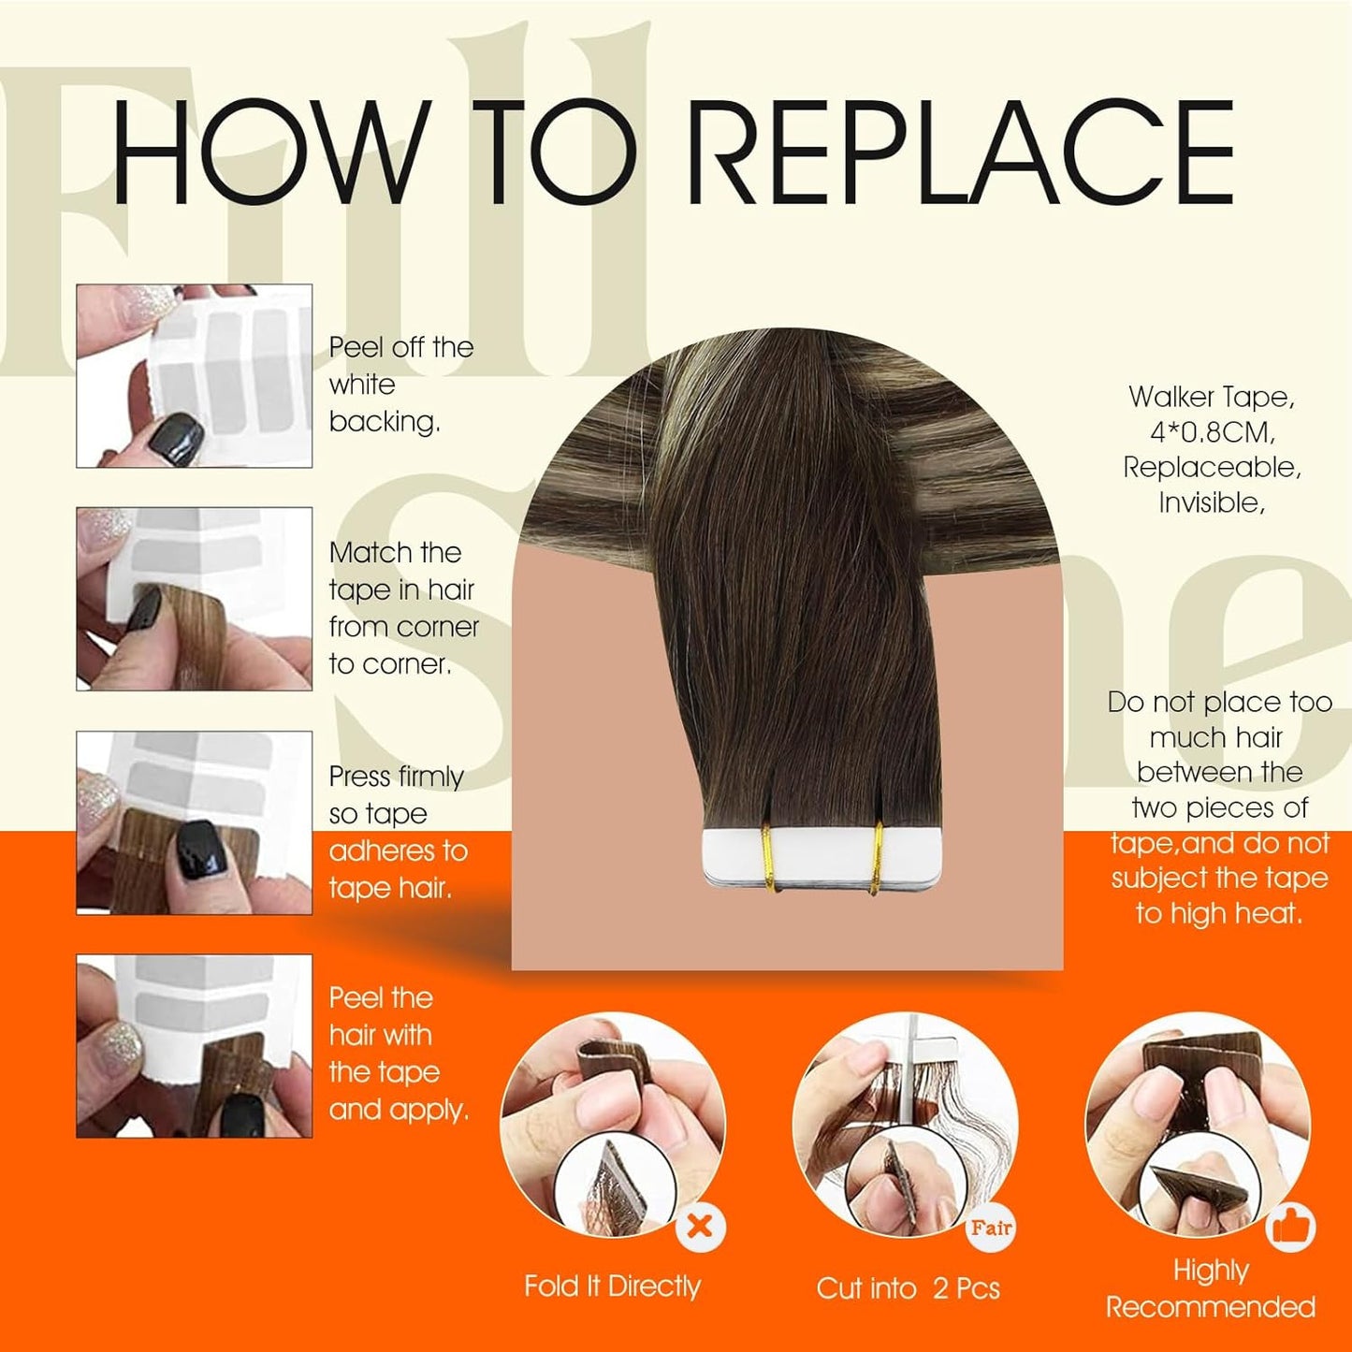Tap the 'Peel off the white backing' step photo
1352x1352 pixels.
(194, 376)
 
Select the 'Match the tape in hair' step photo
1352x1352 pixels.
(194, 599)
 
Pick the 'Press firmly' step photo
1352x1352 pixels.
(194, 822)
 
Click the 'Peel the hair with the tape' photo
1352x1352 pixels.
(194, 1046)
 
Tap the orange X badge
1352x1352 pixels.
(700, 1226)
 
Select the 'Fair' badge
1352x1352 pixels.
(991, 1227)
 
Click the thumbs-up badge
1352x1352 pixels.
(1291, 1227)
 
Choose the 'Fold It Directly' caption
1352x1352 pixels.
(612, 1287)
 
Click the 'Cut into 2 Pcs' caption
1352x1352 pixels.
(908, 1288)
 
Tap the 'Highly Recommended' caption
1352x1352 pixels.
(1211, 1288)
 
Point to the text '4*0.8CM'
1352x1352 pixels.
(1213, 432)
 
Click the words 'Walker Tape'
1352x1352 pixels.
(1211, 397)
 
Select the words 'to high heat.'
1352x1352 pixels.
(1218, 913)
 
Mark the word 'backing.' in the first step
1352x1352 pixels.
(385, 422)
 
